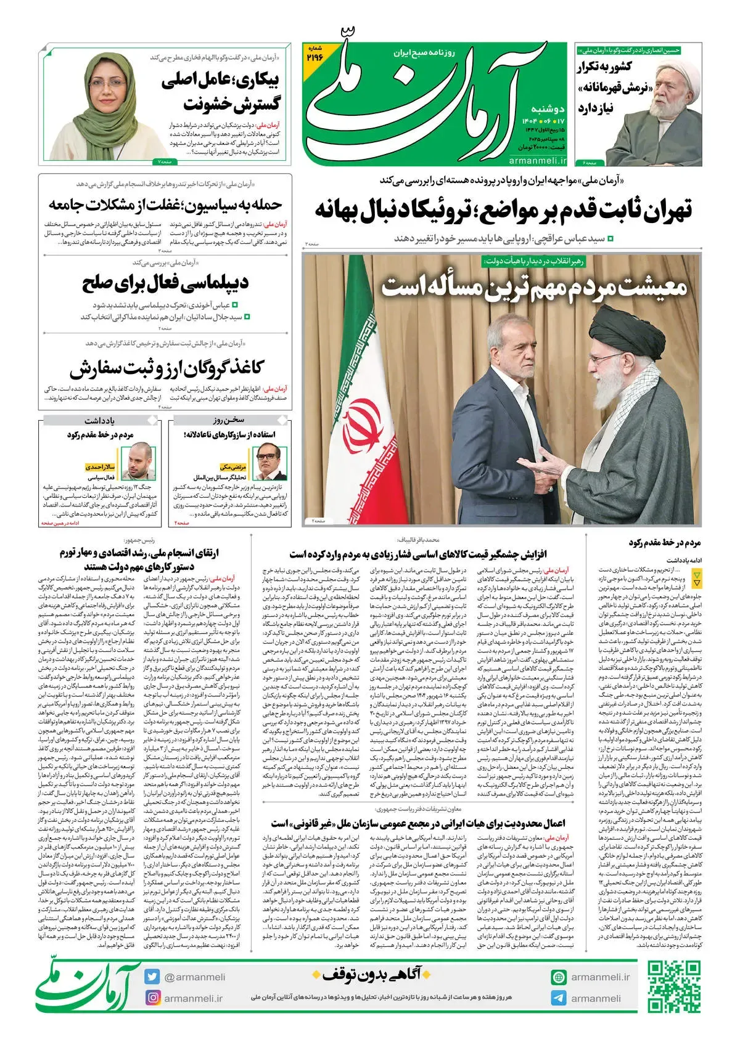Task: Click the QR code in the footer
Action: (x=673, y=986)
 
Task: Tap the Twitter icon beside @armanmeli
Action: (x=152, y=977)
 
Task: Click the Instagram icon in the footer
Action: (x=152, y=997)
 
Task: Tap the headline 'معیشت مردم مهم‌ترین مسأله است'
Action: (x=533, y=287)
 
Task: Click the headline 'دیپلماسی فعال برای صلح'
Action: (x=165, y=283)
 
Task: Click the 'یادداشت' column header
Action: (x=100, y=420)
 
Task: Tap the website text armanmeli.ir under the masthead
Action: (x=538, y=160)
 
